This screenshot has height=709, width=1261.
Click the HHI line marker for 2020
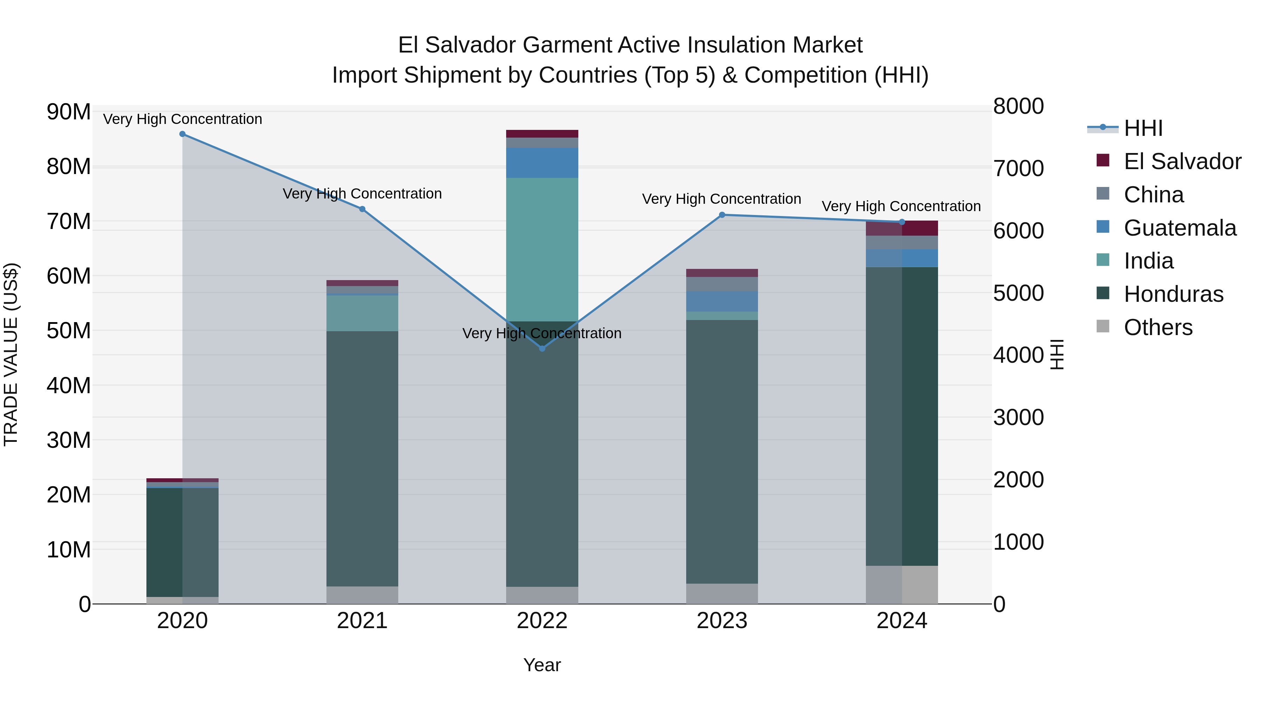point(182,134)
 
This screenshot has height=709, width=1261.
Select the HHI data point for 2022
point(542,348)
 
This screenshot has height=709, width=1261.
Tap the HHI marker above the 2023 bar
point(722,215)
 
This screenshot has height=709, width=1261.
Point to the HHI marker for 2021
point(362,209)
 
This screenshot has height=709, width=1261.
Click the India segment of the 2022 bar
point(542,250)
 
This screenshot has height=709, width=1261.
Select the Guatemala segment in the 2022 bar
point(542,163)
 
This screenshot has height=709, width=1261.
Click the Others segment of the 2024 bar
point(902,585)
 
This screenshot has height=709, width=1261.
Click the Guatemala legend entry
point(1180,228)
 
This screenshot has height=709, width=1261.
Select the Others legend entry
point(1158,327)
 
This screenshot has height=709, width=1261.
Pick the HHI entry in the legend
point(1143,128)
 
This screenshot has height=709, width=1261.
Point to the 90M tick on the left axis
point(69,112)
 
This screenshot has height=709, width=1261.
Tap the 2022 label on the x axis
point(542,621)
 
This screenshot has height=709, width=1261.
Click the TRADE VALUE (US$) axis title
point(11,354)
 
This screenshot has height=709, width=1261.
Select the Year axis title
point(542,665)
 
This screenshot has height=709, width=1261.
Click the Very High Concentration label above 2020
point(182,119)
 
